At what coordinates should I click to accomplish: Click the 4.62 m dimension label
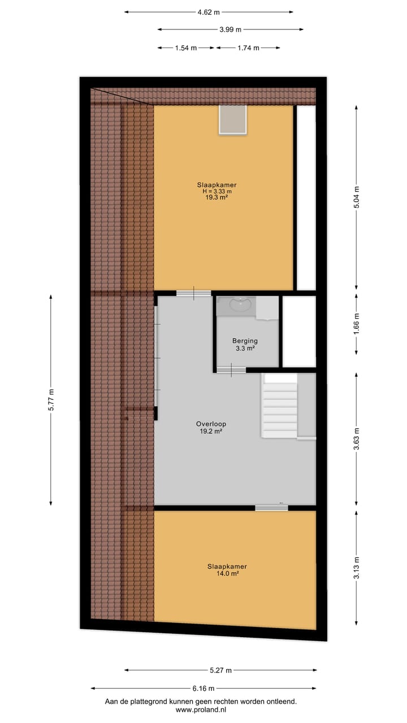209,12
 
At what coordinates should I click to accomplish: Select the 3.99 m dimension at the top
230,30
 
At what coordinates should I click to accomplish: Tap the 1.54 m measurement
186,48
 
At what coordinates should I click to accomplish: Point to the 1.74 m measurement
248,48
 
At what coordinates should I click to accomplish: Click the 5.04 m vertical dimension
356,198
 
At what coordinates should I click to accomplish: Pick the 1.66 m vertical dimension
356,324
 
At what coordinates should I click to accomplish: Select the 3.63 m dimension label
356,441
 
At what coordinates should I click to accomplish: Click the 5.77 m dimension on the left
51,400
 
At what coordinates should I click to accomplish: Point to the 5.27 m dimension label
220,670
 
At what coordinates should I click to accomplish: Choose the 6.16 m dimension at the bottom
203,689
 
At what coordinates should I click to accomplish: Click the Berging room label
245,341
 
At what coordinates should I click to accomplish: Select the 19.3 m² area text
217,198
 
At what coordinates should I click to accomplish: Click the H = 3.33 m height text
217,191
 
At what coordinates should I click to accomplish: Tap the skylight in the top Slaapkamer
233,120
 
